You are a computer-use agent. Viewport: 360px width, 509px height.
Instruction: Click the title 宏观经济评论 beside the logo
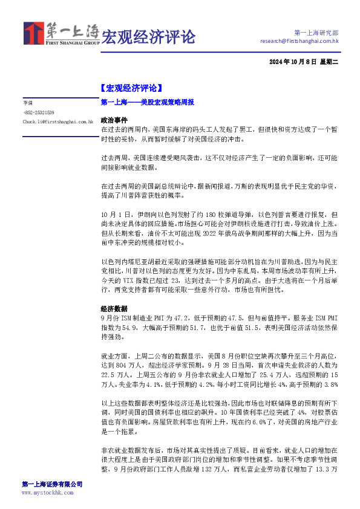148,36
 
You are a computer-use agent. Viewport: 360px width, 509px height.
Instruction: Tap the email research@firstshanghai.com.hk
299,41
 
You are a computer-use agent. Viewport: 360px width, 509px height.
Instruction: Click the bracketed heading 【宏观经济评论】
131,88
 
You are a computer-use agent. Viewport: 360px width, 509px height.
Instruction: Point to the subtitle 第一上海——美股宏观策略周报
147,103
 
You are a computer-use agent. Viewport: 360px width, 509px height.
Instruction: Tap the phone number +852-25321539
39,112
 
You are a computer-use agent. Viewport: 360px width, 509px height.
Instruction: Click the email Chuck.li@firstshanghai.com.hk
57,122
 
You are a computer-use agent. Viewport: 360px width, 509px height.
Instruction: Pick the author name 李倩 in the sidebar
28,103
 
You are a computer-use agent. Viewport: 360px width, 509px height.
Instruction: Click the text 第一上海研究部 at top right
316,32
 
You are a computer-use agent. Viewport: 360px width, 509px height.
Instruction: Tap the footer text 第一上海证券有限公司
52,484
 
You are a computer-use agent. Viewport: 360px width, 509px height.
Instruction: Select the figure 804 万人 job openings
123,366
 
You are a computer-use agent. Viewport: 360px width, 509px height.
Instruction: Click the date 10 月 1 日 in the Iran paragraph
116,215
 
